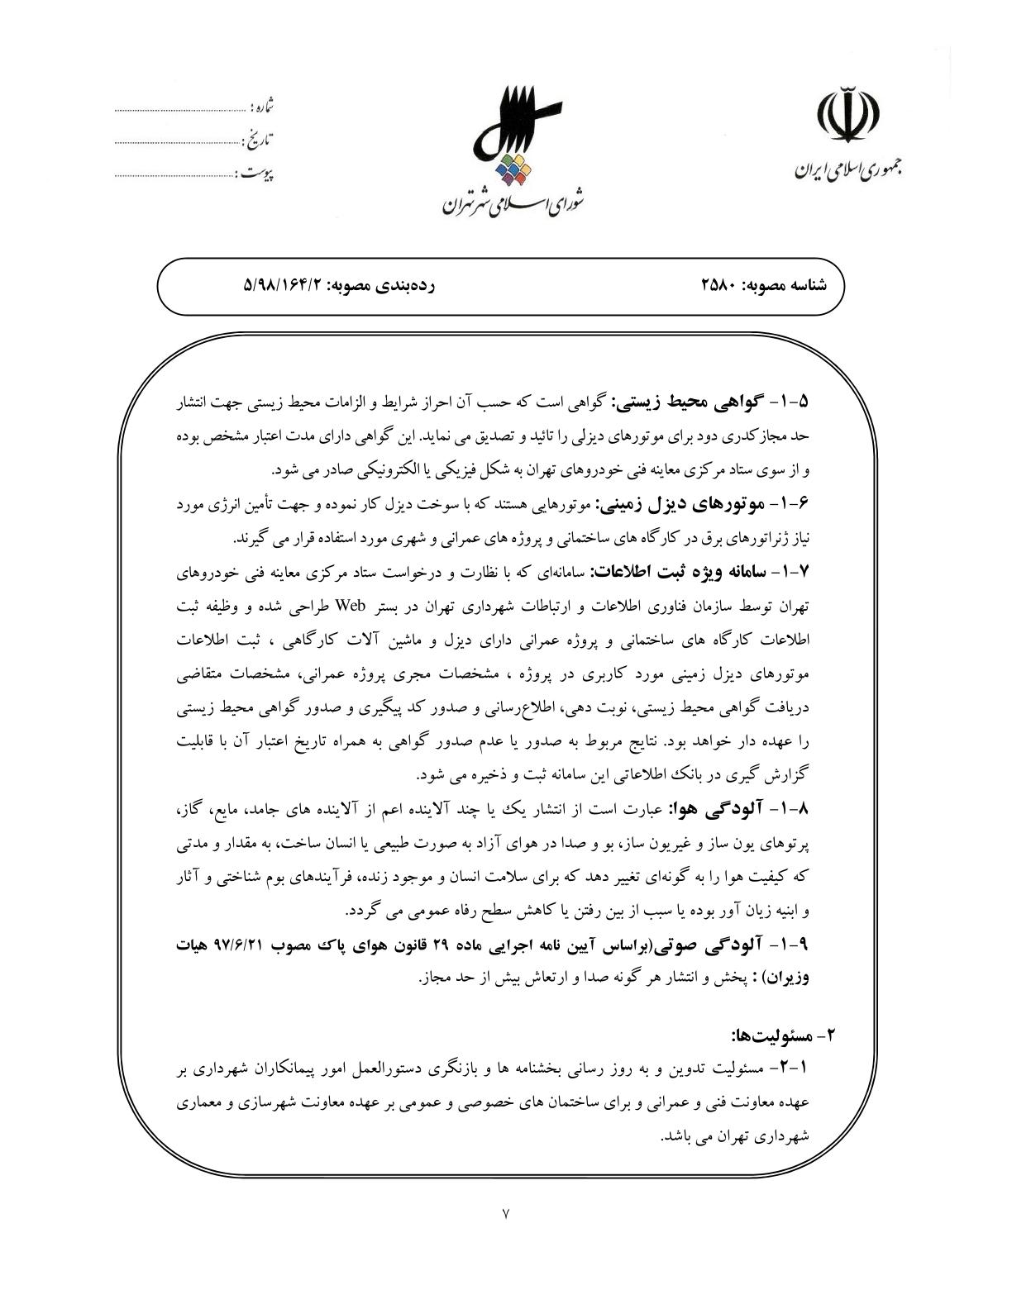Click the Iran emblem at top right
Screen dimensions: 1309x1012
click(849, 115)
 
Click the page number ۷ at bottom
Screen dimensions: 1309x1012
click(506, 1213)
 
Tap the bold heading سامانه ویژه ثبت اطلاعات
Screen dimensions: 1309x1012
click(674, 572)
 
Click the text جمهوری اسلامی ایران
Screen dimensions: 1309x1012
click(848, 170)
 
